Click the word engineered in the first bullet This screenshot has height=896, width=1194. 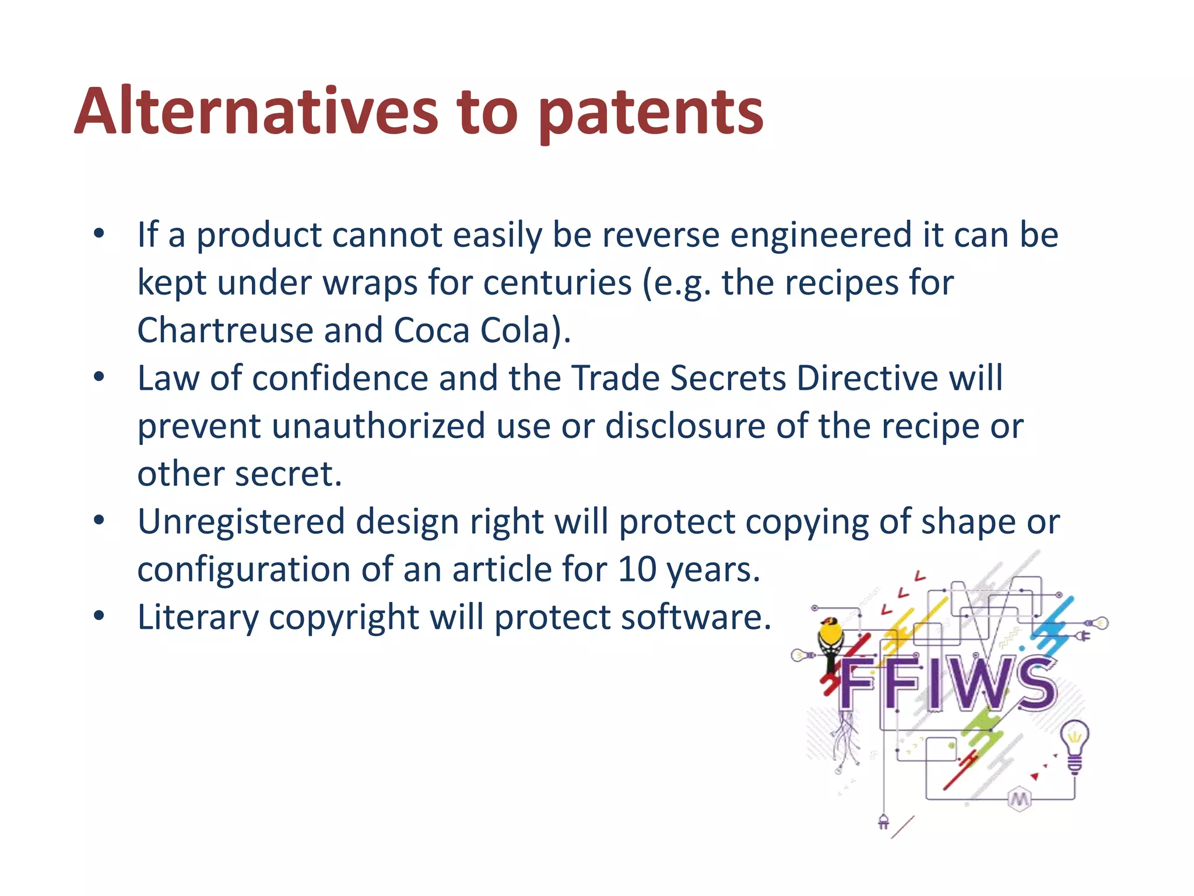point(821,235)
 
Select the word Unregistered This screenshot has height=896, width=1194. point(241,521)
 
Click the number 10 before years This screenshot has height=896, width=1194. point(637,569)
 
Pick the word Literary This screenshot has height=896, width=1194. point(198,617)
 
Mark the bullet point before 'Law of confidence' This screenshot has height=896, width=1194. point(99,377)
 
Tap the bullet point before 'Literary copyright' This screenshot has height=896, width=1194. point(99,616)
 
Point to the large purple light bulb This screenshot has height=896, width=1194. point(1074,744)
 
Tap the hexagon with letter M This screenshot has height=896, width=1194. point(1019,799)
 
